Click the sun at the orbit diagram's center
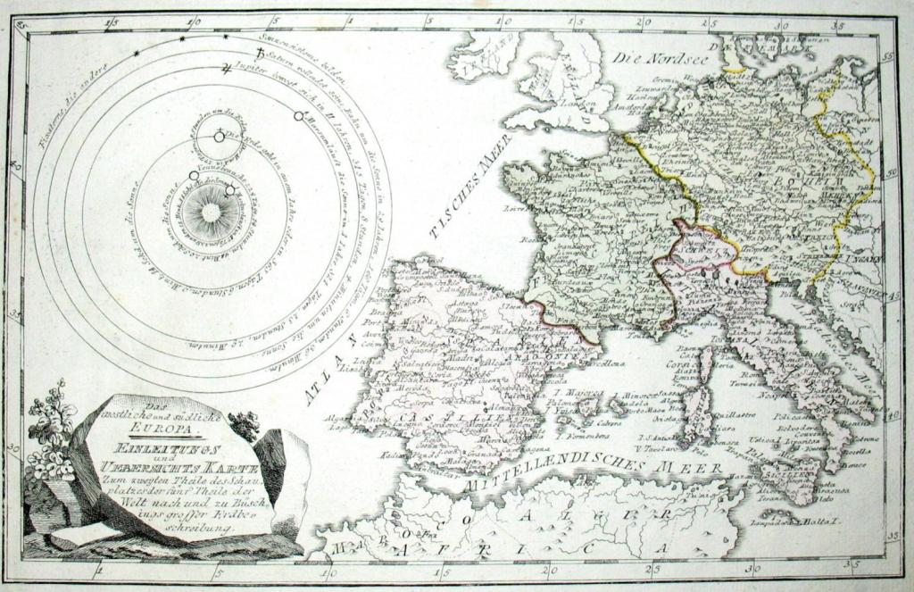[x=210, y=212]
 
